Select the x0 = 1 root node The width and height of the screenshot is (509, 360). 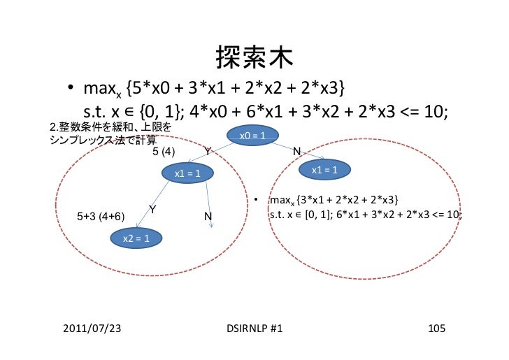tap(252, 135)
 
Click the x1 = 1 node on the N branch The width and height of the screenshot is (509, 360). tap(325, 170)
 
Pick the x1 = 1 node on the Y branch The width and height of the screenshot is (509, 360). tap(188, 173)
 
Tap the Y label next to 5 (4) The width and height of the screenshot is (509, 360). tap(208, 151)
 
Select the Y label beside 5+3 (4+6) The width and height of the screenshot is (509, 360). tap(152, 210)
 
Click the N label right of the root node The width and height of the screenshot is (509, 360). tap(296, 151)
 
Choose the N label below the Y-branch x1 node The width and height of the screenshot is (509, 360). tap(208, 217)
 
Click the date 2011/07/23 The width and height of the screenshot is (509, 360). tap(91, 329)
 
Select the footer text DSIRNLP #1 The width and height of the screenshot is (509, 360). tap(254, 329)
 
